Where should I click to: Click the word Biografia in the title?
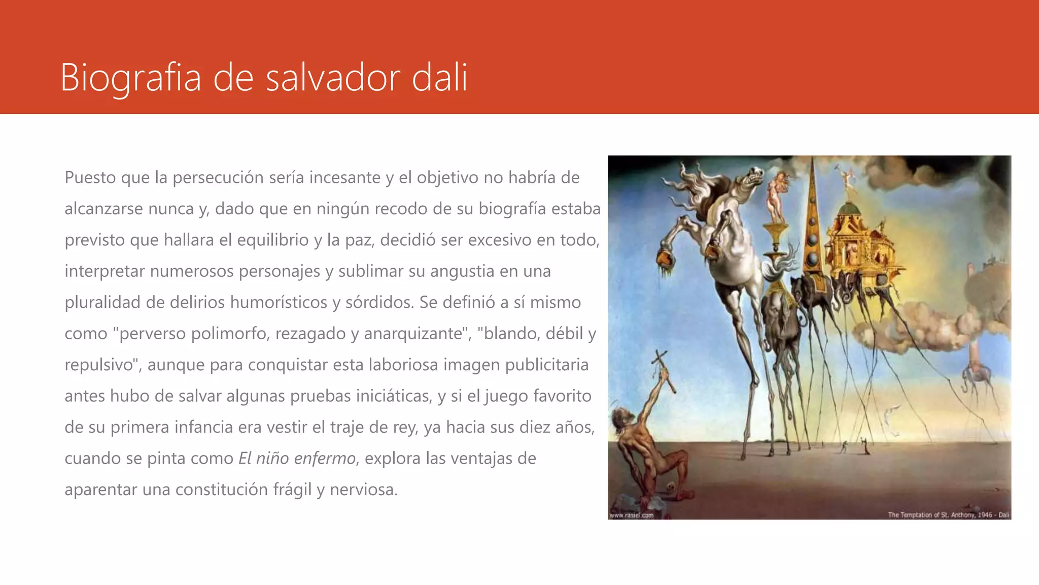(x=130, y=77)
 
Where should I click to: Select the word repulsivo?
(x=100, y=365)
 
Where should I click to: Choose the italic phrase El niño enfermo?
(x=297, y=459)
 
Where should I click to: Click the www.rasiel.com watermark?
(x=631, y=515)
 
